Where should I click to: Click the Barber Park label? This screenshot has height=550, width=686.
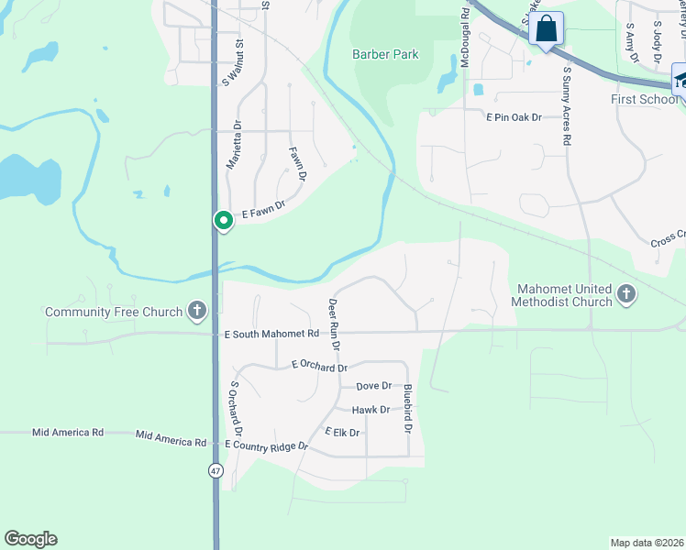385,55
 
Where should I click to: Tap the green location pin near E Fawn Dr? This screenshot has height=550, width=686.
223,221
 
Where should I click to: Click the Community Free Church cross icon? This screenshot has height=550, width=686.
196,312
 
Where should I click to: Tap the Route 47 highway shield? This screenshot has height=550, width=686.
216,470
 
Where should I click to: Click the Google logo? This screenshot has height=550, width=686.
30,539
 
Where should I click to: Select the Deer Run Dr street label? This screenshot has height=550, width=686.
335,324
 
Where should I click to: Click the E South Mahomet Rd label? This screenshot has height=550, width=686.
271,335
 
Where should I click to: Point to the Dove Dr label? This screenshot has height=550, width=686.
373,387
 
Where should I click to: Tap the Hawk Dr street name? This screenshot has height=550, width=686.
371,410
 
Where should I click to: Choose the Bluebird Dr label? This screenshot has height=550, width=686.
407,409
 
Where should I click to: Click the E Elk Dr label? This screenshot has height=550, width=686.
343,432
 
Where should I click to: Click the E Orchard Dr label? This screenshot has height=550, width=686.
319,366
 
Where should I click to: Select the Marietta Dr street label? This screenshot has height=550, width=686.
234,144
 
